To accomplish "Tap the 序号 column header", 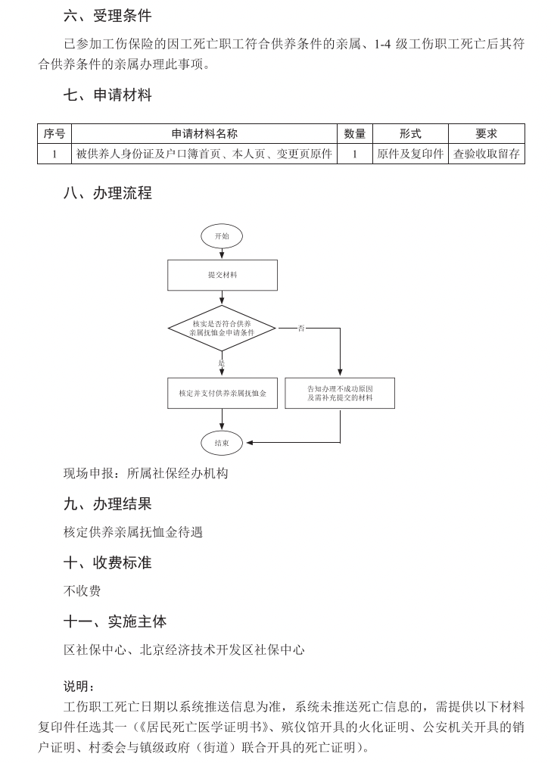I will [54, 134].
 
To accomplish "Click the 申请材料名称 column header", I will [204, 134].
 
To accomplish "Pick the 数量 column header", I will [354, 134].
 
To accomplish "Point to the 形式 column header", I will [410, 134].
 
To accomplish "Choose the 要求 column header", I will [486, 134].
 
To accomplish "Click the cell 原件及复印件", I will [410, 154].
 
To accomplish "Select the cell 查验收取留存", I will [486, 154].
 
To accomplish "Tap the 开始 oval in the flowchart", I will [222, 236].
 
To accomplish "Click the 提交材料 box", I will [222, 276].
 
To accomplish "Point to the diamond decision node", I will [222, 329].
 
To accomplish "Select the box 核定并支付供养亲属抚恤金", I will [222, 393].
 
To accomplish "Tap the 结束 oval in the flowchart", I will [222, 443].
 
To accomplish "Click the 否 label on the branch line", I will [301, 329].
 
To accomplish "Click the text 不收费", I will [82, 590].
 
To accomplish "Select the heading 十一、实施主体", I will [114, 621].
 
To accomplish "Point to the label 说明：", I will [79, 687].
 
